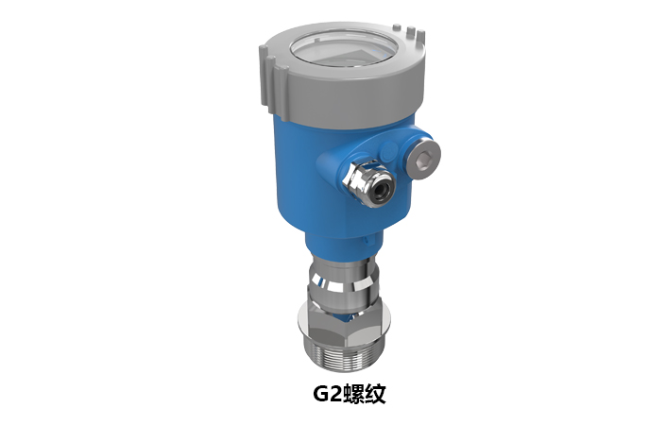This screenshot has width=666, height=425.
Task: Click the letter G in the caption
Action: click(321, 394)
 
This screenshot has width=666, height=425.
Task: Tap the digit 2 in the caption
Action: click(336, 394)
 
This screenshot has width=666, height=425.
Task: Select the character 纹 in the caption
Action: click(375, 394)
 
